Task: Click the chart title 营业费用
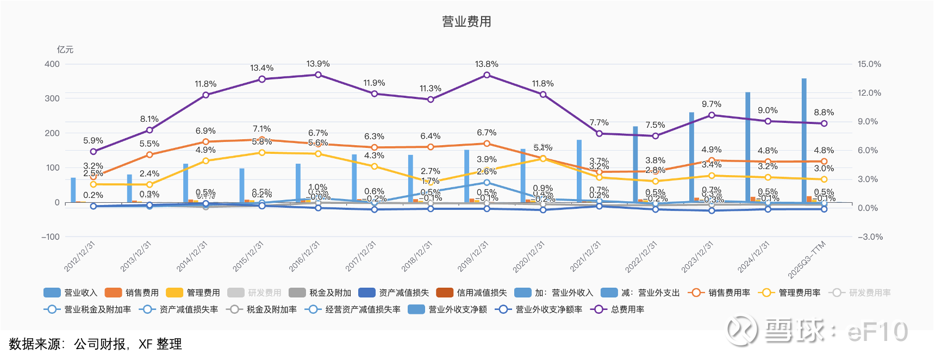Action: click(x=466, y=22)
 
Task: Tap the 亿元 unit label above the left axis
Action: click(x=65, y=49)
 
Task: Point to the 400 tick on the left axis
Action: click(x=52, y=64)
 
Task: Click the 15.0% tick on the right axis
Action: click(x=869, y=64)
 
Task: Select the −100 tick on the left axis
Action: click(x=51, y=237)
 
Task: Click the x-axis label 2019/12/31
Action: click(x=473, y=256)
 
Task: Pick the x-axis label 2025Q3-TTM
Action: click(x=807, y=259)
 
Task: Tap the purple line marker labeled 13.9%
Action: click(x=318, y=75)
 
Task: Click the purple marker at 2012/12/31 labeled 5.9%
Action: click(x=93, y=152)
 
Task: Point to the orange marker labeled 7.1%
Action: click(x=262, y=140)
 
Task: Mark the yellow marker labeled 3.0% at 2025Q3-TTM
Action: click(x=824, y=179)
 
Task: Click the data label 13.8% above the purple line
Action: click(x=487, y=64)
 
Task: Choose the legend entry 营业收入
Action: click(x=71, y=293)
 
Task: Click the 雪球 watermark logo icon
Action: click(x=740, y=331)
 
